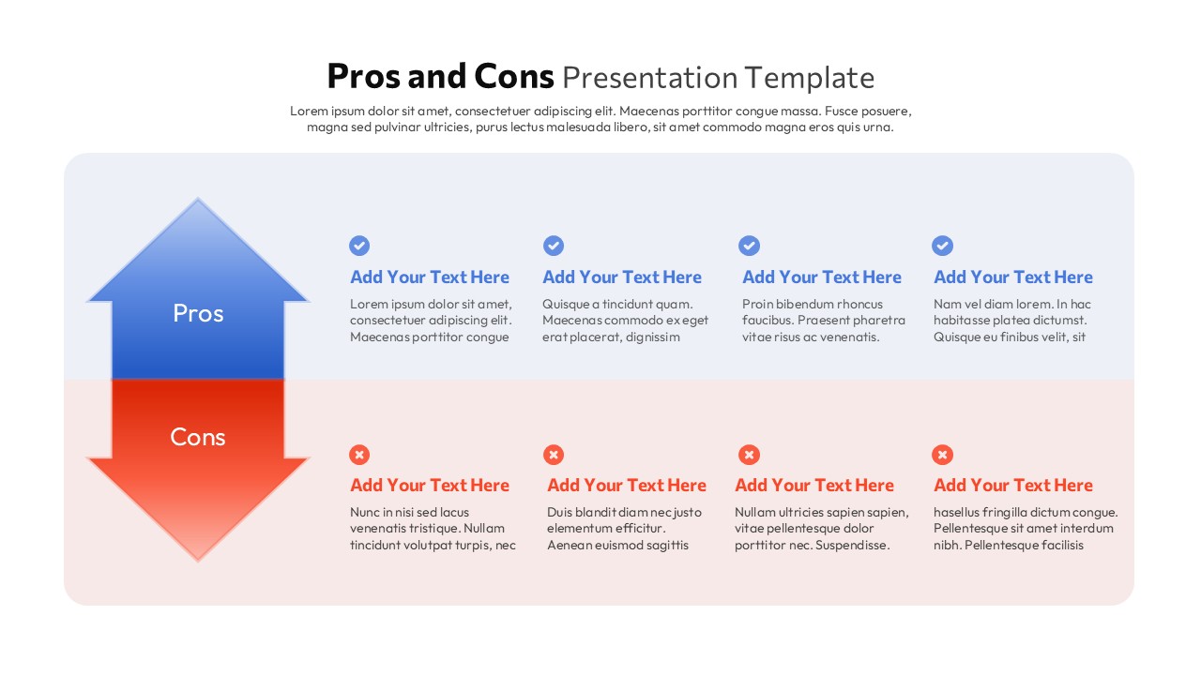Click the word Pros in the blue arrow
coord(198,313)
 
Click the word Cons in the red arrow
coord(198,437)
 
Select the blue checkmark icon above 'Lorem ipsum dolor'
coord(359,246)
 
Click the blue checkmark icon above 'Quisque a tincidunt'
coord(554,246)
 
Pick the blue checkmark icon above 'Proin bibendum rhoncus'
coord(749,246)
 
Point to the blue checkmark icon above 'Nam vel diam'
coord(942,246)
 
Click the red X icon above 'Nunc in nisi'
coord(359,455)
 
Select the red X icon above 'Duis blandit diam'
coord(554,455)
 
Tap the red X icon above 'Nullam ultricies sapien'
coord(749,455)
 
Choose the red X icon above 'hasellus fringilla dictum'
coord(942,455)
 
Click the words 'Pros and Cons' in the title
coord(440,76)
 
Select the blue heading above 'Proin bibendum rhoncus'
coord(821,277)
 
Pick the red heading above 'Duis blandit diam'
coord(626,486)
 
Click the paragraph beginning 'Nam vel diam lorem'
coord(1012,321)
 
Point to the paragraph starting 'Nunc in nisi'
coord(433,529)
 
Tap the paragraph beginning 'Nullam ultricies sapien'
coord(821,529)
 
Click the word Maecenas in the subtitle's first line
coord(648,111)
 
